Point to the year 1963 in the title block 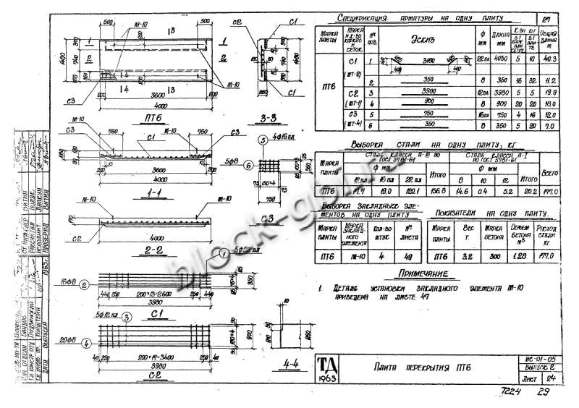326,379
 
